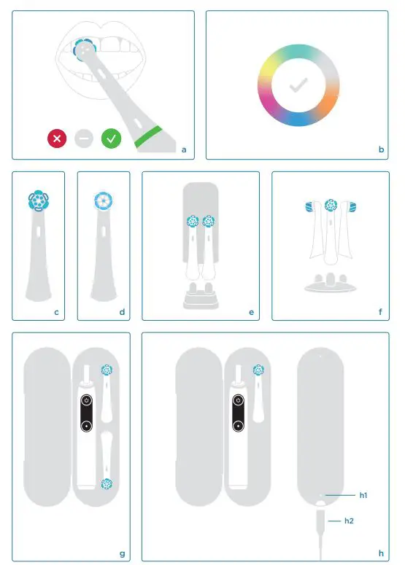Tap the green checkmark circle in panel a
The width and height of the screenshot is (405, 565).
pyautogui.click(x=111, y=138)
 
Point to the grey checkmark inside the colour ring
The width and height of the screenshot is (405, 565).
pyautogui.click(x=298, y=85)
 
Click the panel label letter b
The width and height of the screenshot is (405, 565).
pyautogui.click(x=382, y=150)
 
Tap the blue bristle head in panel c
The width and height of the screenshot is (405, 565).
pyautogui.click(x=38, y=200)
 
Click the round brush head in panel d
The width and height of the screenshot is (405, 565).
pyautogui.click(x=103, y=201)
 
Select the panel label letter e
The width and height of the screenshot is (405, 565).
pyautogui.click(x=251, y=312)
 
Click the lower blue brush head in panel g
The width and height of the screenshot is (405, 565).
pyautogui.click(x=107, y=483)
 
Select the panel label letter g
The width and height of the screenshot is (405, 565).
pyautogui.click(x=122, y=553)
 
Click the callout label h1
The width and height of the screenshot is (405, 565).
pyautogui.click(x=363, y=495)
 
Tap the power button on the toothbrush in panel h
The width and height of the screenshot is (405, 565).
pyautogui.click(x=238, y=401)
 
